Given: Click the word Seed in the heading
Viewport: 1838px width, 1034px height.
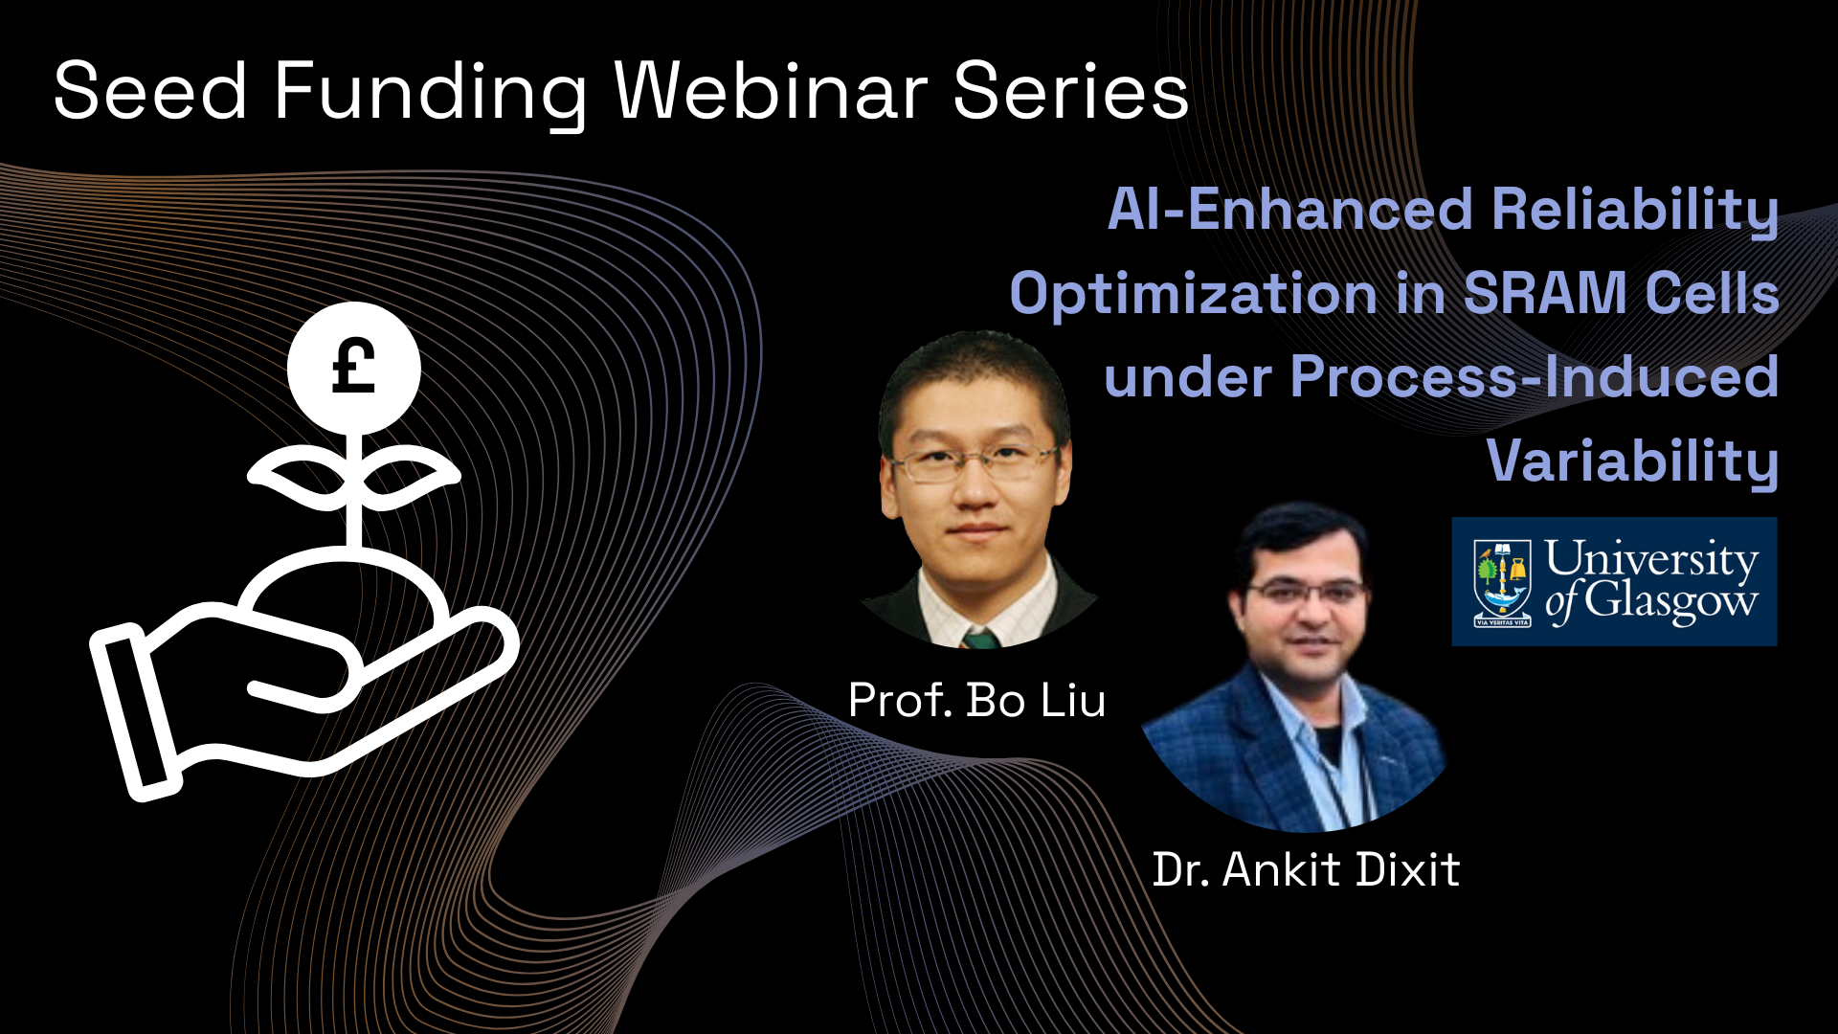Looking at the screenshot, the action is [150, 91].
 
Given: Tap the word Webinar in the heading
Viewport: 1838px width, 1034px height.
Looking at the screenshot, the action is [771, 91].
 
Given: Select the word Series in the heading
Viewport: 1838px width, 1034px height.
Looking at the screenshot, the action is [1071, 91].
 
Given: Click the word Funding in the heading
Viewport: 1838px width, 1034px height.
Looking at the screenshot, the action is [431, 94].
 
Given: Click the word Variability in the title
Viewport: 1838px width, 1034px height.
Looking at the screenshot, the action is [1632, 461].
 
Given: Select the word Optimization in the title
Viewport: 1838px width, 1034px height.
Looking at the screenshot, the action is [1193, 293].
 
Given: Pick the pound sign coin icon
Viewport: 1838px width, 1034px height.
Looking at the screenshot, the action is [354, 368].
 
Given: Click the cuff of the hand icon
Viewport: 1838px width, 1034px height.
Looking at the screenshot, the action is [134, 712].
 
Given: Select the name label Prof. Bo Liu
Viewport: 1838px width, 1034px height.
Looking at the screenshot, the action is [976, 701].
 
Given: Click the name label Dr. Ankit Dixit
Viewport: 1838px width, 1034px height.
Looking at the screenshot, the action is [1306, 869].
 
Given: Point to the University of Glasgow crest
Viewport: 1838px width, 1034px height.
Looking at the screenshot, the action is [1502, 582].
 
